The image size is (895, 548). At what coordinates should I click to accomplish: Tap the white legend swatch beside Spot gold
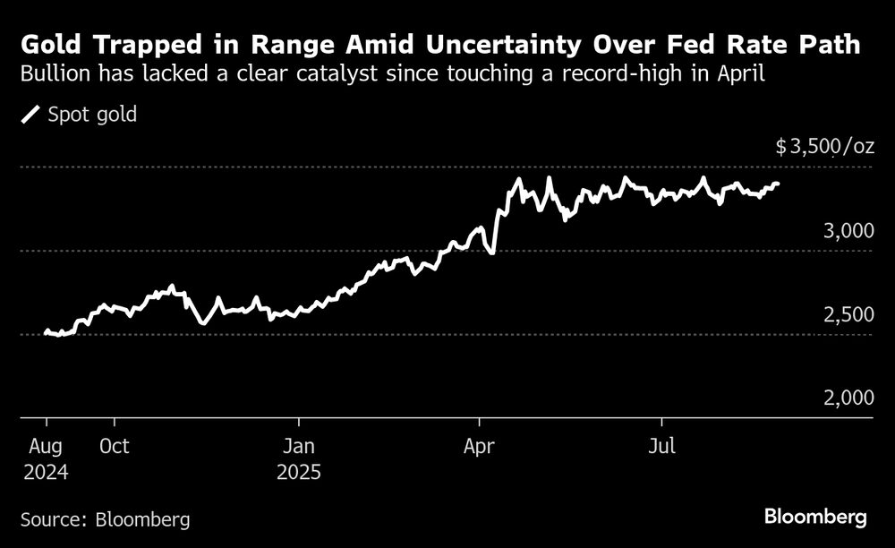point(31,115)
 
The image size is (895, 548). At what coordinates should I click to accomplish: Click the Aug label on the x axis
point(47,446)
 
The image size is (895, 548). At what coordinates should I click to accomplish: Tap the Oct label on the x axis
point(115,446)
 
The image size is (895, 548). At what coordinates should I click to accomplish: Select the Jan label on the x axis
point(299,446)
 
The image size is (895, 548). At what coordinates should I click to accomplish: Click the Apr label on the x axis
point(481,446)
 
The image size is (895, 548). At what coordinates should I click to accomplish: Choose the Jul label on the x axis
point(661,446)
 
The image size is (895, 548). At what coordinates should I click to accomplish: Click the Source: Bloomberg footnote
point(105,518)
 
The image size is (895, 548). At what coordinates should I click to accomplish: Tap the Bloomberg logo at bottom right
point(816,517)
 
